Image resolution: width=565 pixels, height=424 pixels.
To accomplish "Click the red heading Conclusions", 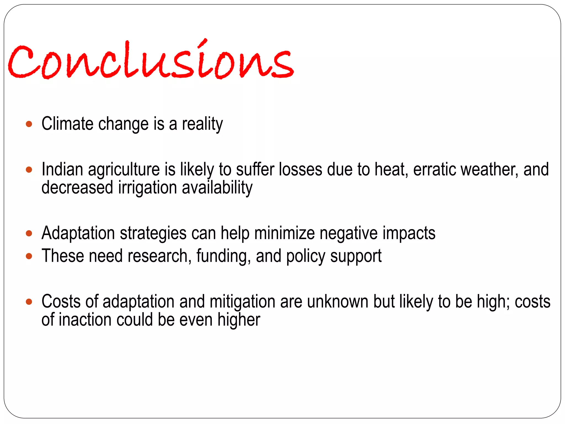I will pyautogui.click(x=151, y=61).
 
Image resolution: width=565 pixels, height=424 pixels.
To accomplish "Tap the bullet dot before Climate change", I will pyautogui.click(x=29, y=124).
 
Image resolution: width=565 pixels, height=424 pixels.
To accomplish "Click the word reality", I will pyautogui.click(x=202, y=124).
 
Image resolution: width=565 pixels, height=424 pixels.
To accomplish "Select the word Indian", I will pyautogui.click(x=62, y=169).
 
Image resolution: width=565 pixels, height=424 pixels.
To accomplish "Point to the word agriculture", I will pyautogui.click(x=124, y=169).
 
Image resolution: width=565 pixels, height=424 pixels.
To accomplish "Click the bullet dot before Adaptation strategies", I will pyautogui.click(x=29, y=234).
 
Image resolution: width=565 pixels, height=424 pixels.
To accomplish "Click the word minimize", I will pyautogui.click(x=284, y=234).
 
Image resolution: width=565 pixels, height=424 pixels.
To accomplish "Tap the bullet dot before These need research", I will pyautogui.click(x=29, y=256).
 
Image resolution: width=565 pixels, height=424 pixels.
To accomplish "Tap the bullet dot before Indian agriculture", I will pyautogui.click(x=29, y=169).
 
